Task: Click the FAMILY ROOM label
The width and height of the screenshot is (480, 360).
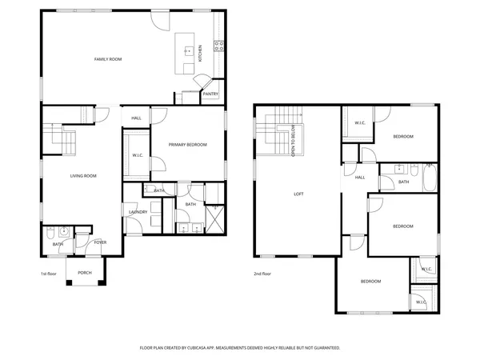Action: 107,58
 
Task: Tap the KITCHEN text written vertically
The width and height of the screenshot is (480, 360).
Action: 201,54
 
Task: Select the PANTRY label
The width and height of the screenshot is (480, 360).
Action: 210,94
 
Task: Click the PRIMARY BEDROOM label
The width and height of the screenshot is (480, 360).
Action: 187,145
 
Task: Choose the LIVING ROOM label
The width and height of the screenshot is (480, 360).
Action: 84,175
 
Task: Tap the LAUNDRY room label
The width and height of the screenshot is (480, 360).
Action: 138,212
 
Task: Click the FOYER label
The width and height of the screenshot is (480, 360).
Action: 101,242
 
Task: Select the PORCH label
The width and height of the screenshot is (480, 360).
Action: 84,273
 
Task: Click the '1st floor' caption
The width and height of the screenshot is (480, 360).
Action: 49,273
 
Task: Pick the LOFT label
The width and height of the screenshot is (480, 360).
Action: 298,194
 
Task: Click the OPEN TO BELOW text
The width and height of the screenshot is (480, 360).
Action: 294,141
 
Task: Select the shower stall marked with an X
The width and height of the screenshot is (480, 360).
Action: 214,216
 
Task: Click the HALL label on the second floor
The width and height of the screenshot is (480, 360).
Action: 360,178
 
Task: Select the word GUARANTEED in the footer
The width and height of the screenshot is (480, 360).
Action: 324,348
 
